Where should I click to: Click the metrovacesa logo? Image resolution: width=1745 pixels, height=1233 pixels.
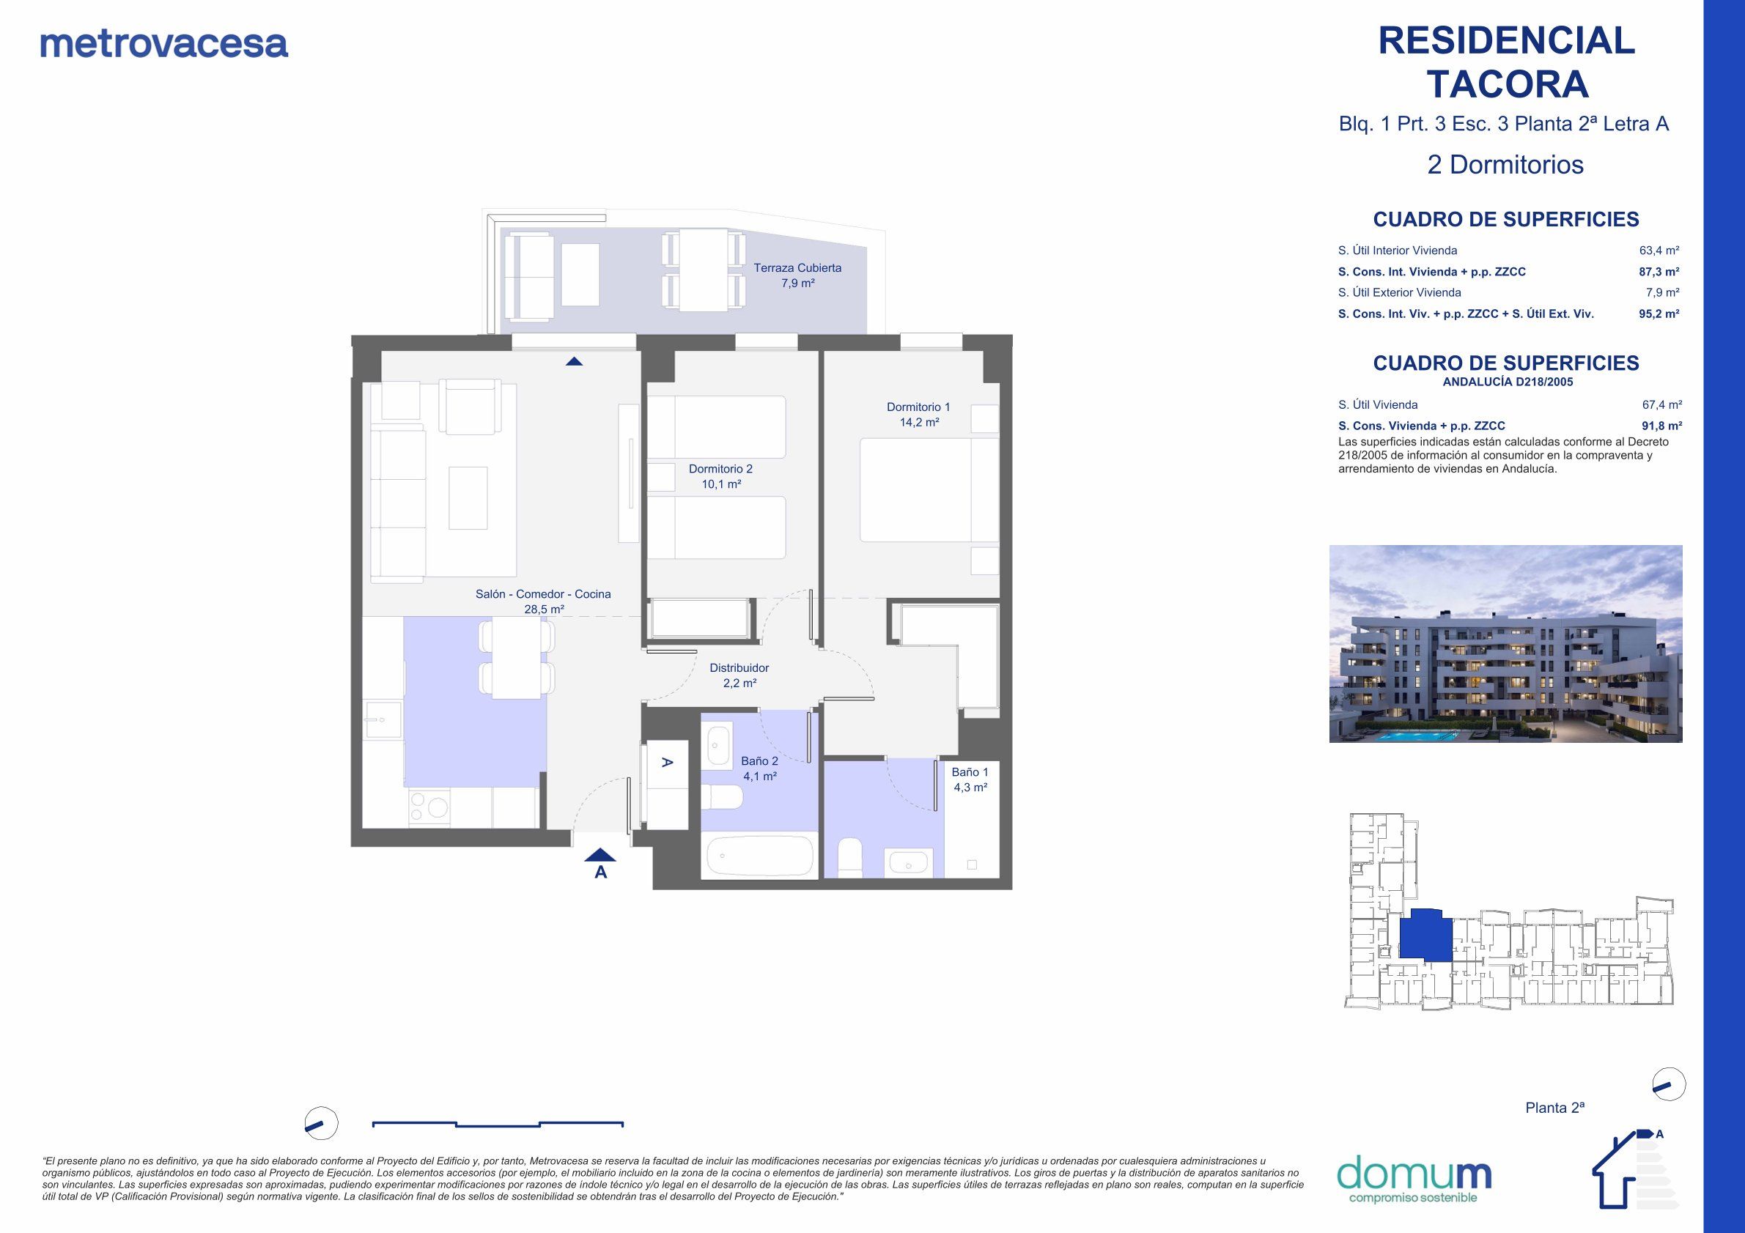(164, 44)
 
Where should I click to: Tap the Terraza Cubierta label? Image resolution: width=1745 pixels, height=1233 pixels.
(797, 275)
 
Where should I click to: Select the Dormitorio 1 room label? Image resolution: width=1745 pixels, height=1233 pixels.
(918, 415)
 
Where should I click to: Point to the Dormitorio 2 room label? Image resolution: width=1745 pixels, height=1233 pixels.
(720, 476)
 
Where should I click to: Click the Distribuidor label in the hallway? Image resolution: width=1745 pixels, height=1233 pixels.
(739, 675)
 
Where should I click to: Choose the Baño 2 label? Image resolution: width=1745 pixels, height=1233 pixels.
(759, 769)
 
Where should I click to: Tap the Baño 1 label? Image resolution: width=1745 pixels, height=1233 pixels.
(970, 780)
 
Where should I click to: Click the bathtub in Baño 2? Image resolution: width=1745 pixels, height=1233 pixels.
(759, 856)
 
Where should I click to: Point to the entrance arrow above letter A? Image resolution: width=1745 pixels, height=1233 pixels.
(600, 855)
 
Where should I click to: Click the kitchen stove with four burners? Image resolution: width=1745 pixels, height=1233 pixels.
(429, 807)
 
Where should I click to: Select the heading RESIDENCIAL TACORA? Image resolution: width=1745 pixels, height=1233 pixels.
(1506, 62)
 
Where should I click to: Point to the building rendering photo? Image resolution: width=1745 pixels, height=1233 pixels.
(1505, 643)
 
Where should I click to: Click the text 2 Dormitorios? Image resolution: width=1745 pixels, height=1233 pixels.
(1505, 165)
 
